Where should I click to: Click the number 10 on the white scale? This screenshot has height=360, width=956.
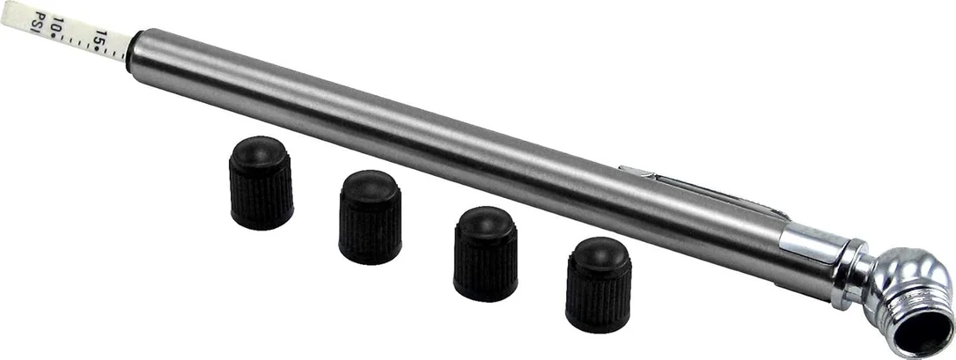[x=58, y=25]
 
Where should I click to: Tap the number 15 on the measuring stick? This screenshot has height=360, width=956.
[x=100, y=39]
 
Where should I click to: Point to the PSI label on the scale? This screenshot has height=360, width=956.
[x=40, y=23]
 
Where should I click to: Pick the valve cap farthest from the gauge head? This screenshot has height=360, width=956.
[x=261, y=183]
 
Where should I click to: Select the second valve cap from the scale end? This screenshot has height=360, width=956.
[x=370, y=217]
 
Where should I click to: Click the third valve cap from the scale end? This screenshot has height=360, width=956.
[x=485, y=253]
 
